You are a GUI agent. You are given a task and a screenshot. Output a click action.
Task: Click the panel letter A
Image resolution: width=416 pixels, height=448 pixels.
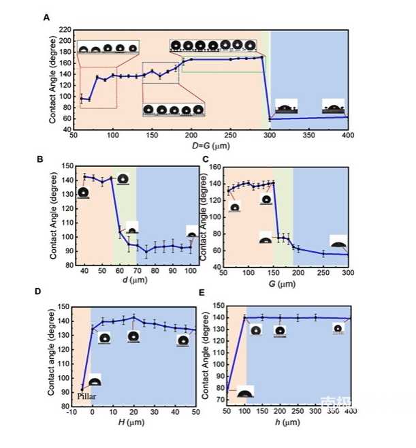click(x=46, y=18)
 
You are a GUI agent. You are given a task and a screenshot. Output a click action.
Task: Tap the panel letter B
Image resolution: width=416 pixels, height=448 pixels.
click(x=39, y=159)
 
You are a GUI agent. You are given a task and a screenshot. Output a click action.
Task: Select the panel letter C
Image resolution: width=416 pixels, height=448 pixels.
click(x=206, y=159)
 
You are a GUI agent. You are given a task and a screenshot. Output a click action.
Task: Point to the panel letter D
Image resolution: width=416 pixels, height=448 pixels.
click(x=39, y=291)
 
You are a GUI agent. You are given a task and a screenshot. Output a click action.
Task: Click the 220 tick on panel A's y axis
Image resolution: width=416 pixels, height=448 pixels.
click(x=64, y=30)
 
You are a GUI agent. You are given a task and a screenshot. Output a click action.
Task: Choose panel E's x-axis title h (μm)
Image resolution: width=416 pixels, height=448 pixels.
click(x=286, y=423)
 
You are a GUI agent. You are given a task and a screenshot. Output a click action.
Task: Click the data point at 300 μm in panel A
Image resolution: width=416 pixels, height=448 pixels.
click(x=270, y=120)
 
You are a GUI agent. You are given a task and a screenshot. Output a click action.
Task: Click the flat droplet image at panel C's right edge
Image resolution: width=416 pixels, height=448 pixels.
click(x=338, y=242)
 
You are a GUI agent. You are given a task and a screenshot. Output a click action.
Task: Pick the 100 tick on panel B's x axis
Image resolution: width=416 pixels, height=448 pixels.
click(x=191, y=271)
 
